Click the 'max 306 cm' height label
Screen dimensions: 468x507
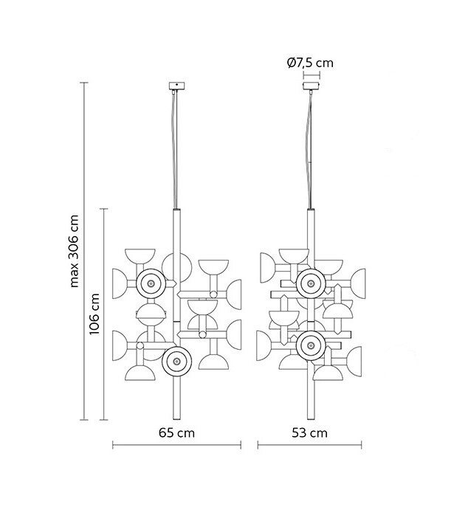75,251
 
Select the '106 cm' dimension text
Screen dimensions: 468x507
94,314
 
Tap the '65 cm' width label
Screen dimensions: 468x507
176,433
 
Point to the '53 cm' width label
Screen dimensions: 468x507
309,433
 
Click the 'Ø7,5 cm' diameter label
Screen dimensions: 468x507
310,63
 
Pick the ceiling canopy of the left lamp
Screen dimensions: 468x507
177,86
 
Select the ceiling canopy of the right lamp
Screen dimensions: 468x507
311,86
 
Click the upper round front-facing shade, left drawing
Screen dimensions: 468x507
151,284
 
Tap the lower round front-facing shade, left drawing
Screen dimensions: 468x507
176,361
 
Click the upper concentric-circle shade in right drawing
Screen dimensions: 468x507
311,283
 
